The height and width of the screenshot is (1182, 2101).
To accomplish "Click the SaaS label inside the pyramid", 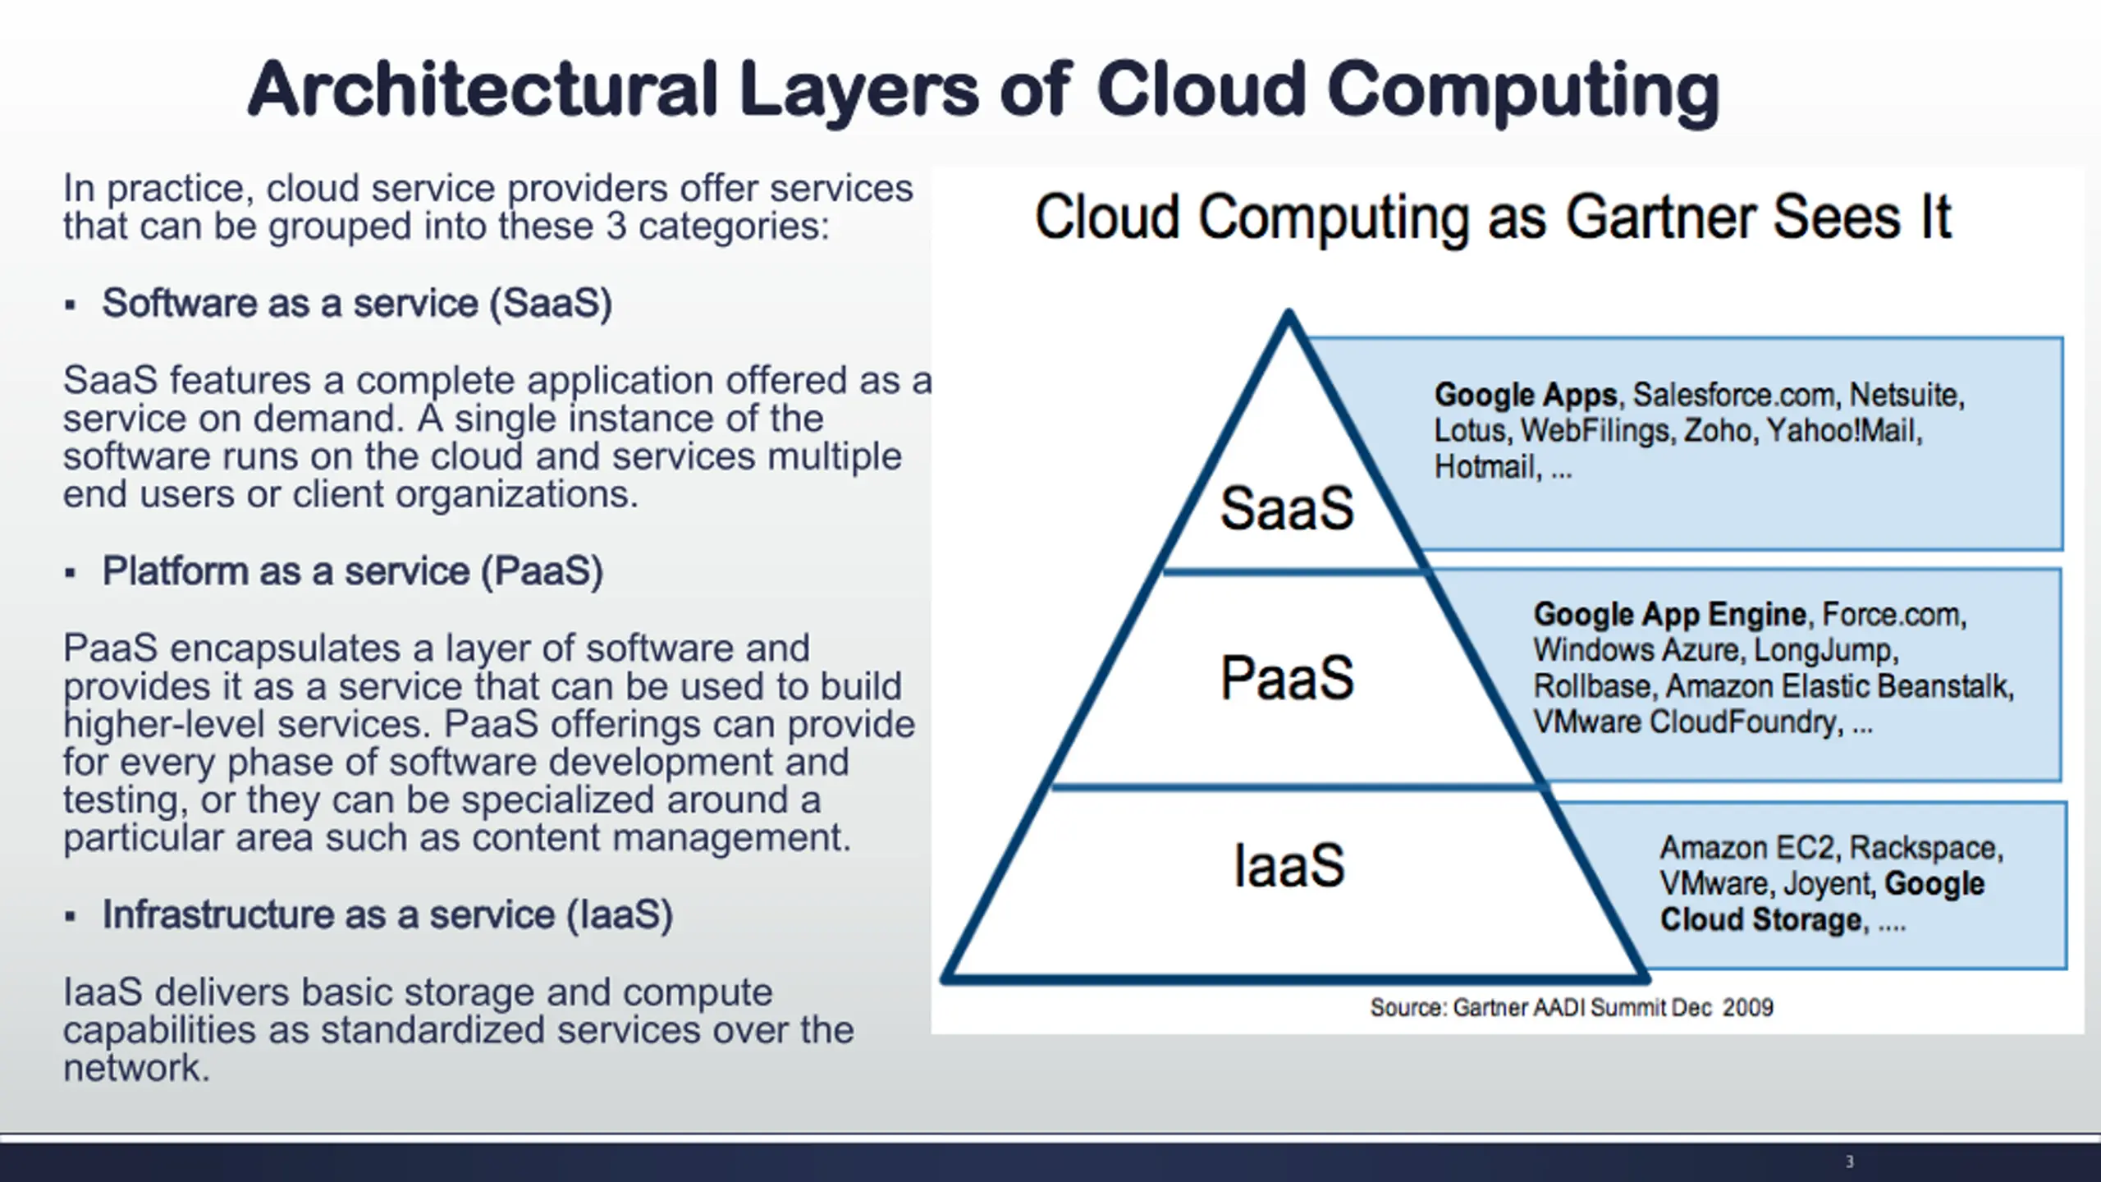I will click(1287, 508).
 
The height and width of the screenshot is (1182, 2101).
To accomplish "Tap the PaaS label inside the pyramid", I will click(1287, 678).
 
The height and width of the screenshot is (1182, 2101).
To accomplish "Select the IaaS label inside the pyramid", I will click(1289, 865).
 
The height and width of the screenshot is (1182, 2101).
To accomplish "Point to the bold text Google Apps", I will click(1525, 395).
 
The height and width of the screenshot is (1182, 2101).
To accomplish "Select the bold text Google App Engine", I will click(1669, 614).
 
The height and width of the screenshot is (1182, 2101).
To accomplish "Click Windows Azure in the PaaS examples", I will click(1636, 650).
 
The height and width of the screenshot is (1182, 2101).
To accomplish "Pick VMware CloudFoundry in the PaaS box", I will click(1687, 722).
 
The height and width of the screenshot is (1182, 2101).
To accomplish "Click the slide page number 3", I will click(1849, 1161).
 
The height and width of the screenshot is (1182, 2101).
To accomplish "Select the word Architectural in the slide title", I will click(483, 89).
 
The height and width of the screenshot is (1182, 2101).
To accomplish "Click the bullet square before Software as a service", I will click(71, 305).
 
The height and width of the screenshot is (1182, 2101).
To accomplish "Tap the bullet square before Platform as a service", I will click(71, 573).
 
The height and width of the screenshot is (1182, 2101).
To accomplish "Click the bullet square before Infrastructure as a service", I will click(71, 916).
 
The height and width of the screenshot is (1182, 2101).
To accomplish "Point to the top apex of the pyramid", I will click(1289, 314).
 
